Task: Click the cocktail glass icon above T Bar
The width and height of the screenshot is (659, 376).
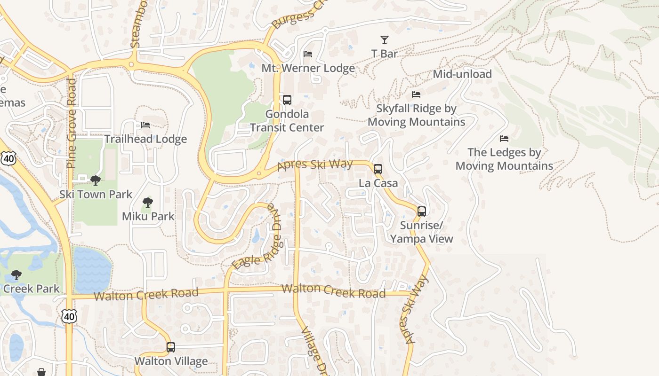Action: [385, 40]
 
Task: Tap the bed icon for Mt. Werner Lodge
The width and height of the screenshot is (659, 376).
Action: [308, 54]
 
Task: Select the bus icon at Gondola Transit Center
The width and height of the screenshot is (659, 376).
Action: [287, 100]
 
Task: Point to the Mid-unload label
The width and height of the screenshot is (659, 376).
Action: [462, 74]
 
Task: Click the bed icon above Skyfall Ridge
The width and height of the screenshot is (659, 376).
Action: [416, 94]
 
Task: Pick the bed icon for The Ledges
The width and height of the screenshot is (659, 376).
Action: [504, 139]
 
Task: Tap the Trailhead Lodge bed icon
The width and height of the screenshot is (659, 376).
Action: [145, 125]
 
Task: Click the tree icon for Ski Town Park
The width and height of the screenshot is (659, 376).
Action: [96, 180]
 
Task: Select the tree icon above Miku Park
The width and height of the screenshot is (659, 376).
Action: [148, 203]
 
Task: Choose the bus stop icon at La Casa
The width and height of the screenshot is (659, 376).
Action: [378, 169]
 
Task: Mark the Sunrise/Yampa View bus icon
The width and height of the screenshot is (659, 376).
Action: [422, 211]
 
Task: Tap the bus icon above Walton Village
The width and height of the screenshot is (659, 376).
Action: [171, 347]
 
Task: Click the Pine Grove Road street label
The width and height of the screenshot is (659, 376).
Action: [72, 123]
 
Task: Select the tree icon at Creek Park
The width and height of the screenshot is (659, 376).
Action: [16, 274]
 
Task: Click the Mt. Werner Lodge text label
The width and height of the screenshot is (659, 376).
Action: [308, 68]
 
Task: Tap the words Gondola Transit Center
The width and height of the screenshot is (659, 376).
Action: [287, 121]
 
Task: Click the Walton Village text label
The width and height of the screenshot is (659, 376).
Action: [171, 361]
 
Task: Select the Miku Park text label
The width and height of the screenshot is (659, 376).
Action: [148, 216]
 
